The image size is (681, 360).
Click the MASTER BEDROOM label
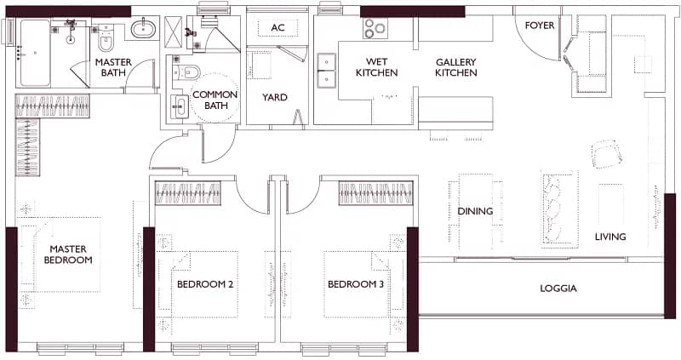(x=68, y=254)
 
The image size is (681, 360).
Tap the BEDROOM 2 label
(x=205, y=284)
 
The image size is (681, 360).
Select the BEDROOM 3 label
(x=356, y=284)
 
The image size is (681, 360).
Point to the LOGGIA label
(x=558, y=289)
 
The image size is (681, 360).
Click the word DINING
(x=475, y=211)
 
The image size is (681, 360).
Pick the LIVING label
(x=610, y=237)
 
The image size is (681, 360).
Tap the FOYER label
(x=540, y=26)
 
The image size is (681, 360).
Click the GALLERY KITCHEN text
(x=456, y=67)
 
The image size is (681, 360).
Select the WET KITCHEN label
(x=376, y=67)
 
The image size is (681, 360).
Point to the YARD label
(x=274, y=97)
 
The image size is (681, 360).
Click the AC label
(x=278, y=28)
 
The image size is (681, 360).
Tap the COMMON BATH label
(x=215, y=100)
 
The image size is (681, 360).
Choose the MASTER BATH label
(x=113, y=67)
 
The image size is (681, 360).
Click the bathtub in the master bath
(x=34, y=53)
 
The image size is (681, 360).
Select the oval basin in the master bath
(x=145, y=30)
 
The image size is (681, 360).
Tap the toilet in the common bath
(x=187, y=71)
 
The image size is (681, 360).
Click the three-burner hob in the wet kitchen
(x=375, y=29)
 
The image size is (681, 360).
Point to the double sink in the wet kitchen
(x=327, y=71)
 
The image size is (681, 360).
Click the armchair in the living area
(x=608, y=154)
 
